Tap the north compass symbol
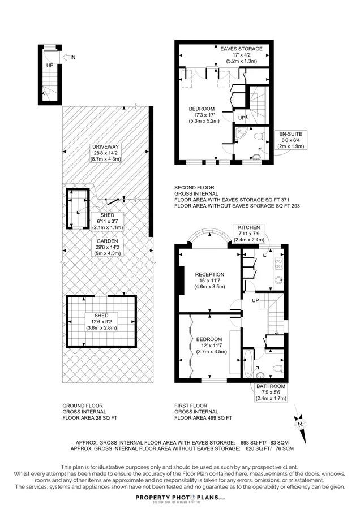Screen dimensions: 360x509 pos(301,424)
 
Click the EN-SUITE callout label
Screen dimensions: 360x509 pos(291,140)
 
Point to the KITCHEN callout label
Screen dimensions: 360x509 pos(249,234)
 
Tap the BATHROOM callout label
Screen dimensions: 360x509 pos(271,392)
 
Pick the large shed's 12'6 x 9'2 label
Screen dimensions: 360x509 pos(101,322)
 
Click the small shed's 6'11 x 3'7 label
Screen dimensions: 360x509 pos(108,221)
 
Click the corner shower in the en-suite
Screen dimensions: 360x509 pos(241,133)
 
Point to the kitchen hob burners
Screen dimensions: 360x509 pos(278,264)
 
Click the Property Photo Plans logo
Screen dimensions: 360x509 pos(179,498)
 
